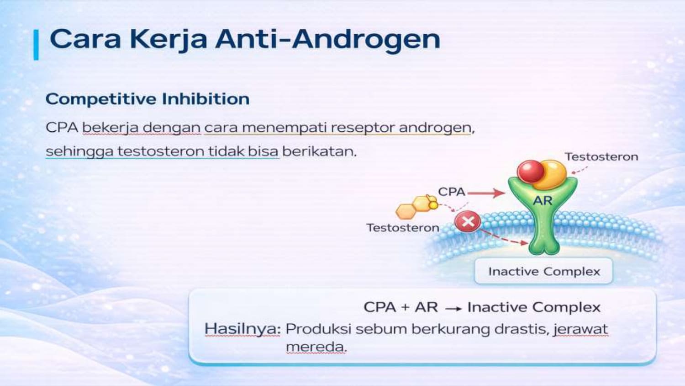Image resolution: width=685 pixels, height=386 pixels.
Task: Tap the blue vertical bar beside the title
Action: (x=36, y=45)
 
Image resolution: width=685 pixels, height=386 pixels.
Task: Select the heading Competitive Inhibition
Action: (x=148, y=99)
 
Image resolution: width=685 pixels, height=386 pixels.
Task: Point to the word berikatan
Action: (x=319, y=151)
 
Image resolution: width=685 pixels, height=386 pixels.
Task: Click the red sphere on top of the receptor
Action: (x=531, y=172)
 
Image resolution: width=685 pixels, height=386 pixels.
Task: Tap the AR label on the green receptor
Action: (x=543, y=201)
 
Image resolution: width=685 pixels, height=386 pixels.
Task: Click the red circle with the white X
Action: (x=468, y=221)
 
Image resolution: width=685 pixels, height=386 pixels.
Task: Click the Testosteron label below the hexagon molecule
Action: (x=403, y=228)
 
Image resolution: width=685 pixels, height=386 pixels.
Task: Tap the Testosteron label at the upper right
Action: (x=601, y=157)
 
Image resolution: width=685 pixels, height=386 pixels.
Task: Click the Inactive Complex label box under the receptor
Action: (x=543, y=271)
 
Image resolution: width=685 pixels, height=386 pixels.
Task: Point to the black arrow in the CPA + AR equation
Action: (x=454, y=309)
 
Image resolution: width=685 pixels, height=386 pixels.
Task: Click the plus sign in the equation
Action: (x=405, y=307)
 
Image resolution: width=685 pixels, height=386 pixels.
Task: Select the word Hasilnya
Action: (x=242, y=329)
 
